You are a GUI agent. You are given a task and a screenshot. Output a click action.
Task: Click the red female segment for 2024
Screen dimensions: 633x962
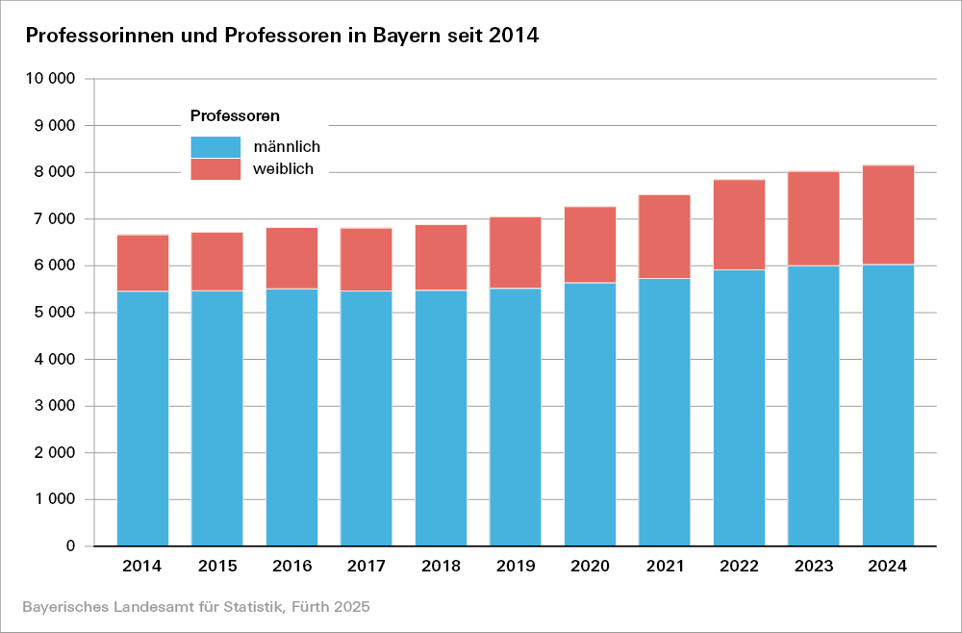(888, 215)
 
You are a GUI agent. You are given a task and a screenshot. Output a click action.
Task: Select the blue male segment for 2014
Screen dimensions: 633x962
(142, 418)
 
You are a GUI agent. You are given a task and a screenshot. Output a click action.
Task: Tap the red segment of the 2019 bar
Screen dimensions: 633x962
(516, 252)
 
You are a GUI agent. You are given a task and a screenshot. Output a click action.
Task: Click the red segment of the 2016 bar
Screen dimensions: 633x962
(291, 258)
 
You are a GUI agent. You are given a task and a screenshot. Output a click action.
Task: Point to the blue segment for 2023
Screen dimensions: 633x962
(814, 406)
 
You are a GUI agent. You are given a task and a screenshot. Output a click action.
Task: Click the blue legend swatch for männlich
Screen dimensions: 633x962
(215, 147)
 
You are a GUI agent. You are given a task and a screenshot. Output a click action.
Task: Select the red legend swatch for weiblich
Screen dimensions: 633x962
(215, 169)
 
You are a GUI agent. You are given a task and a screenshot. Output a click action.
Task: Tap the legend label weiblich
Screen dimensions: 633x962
(284, 169)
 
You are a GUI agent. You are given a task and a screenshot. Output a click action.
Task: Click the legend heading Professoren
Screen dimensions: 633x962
(235, 116)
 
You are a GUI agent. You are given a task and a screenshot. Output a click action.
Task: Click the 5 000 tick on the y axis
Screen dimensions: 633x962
(57, 313)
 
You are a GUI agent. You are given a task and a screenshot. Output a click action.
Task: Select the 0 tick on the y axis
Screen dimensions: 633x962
(71, 546)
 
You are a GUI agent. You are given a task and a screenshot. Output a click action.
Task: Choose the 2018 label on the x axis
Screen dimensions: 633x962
(441, 567)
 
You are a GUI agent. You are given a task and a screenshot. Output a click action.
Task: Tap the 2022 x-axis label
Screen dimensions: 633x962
(739, 567)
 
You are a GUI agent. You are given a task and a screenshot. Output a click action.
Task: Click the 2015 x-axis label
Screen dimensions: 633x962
(217, 567)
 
